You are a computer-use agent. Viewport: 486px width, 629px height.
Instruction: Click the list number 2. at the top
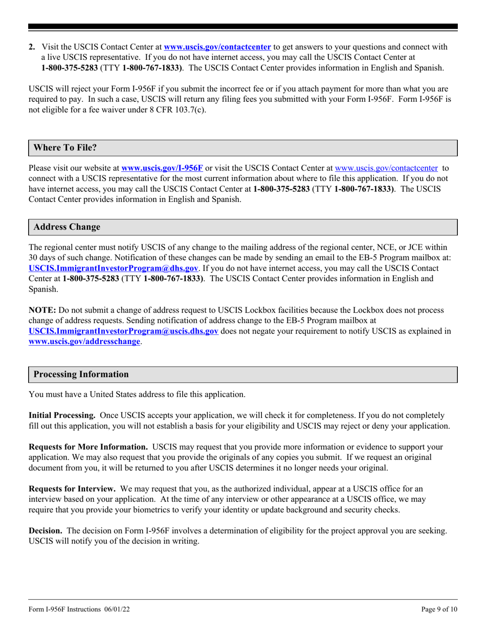coord(32,47)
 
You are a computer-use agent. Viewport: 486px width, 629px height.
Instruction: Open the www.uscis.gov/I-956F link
coord(162,167)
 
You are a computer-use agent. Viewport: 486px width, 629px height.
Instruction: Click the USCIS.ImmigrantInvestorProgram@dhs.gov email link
coord(113,267)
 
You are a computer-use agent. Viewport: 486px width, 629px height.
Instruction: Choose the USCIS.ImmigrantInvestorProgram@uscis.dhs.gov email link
coord(124,331)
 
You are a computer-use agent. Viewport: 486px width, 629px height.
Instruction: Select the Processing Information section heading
coord(81,374)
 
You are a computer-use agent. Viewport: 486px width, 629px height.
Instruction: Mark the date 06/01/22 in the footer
coord(120,610)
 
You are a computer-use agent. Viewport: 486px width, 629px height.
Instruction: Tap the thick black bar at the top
coord(243,27)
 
